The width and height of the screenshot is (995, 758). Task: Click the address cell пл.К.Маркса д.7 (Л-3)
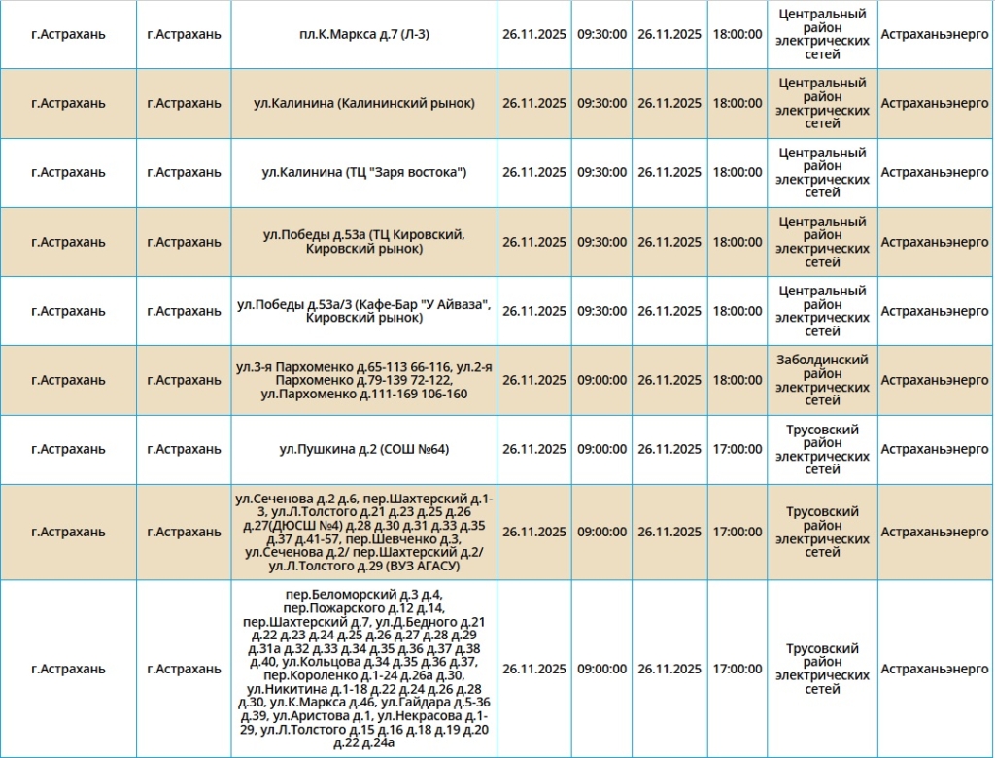coord(364,34)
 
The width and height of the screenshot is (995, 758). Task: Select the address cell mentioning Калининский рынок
coord(364,103)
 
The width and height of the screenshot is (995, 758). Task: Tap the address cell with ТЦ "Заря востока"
coord(364,172)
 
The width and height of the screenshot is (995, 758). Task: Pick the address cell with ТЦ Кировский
coord(364,242)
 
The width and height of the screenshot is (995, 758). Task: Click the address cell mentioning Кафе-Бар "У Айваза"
coord(364,311)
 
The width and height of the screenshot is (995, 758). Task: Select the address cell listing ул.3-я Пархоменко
coord(364,380)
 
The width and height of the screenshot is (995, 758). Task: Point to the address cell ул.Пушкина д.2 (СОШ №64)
coord(364,449)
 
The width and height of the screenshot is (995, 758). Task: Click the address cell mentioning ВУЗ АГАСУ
coord(364,532)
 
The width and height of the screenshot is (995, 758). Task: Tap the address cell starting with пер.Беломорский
coord(364,669)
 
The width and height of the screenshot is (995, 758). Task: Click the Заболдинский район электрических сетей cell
coord(822,380)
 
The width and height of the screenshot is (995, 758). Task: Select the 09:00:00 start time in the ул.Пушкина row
coord(602,449)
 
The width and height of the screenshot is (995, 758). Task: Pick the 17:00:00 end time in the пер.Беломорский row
coord(738,669)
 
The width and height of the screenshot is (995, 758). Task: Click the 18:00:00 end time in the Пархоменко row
coord(738,380)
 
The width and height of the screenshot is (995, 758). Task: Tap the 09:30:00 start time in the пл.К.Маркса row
coord(602,34)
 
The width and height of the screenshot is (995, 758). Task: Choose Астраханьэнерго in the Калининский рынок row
coord(934,103)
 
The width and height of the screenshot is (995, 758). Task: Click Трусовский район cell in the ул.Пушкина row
coord(822,449)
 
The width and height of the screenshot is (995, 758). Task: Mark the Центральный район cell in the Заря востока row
coord(822,172)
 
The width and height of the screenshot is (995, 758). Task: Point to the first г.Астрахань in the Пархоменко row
coord(68,380)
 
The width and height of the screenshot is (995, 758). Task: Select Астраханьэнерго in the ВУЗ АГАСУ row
coord(934,532)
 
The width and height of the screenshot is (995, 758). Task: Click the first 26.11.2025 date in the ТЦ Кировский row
coord(534,242)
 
